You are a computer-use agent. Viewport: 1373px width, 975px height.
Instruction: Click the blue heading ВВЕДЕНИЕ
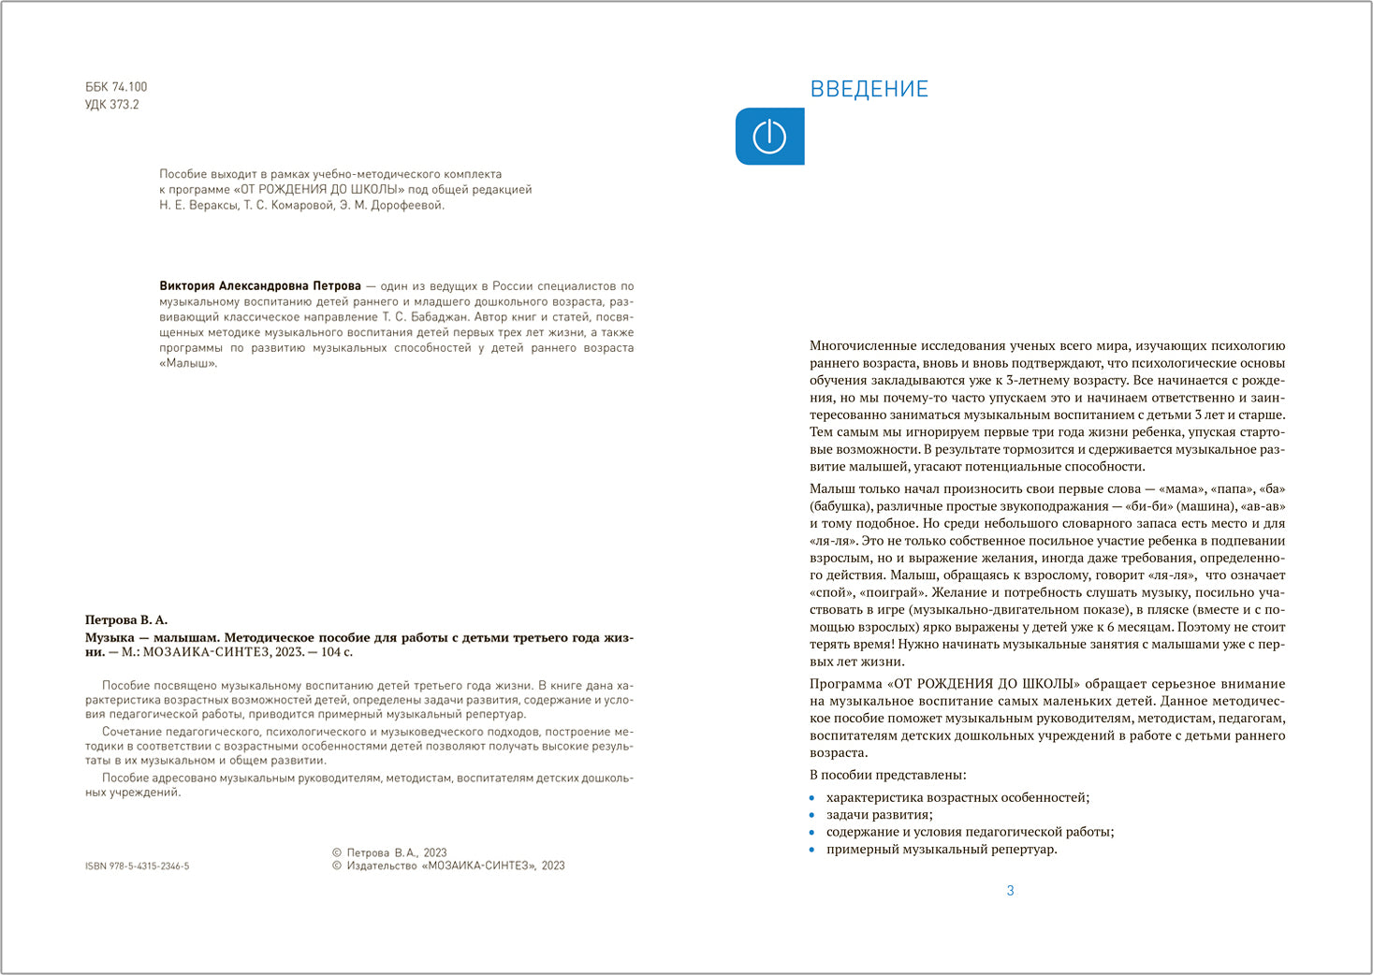(869, 89)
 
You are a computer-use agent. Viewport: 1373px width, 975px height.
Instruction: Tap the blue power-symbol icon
(769, 137)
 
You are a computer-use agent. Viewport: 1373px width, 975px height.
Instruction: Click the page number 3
(1010, 891)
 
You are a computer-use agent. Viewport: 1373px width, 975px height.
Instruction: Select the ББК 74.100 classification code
(116, 87)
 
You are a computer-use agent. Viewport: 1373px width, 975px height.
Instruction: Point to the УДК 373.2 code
(111, 105)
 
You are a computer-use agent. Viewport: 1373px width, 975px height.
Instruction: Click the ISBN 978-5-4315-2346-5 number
(137, 866)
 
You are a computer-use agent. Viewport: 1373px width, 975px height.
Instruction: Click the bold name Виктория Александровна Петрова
(260, 286)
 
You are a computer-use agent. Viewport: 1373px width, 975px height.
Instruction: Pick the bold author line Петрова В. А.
(126, 619)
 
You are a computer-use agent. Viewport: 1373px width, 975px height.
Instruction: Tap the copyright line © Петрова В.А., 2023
(389, 852)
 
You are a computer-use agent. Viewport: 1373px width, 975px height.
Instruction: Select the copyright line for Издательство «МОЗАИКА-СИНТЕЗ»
(448, 866)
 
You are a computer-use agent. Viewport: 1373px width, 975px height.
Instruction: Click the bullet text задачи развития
(879, 814)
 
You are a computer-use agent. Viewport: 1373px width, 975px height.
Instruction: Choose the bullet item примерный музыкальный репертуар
(941, 850)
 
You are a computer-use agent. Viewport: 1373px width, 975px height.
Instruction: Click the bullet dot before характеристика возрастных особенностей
(812, 798)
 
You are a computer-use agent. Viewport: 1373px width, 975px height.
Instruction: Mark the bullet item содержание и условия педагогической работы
(970, 832)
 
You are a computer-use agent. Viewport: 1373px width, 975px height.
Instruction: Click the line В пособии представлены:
(887, 775)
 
